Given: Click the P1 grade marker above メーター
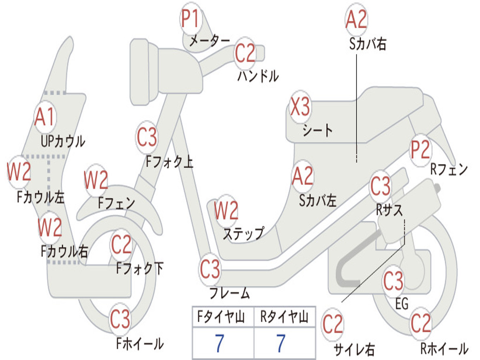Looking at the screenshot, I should pos(191,20).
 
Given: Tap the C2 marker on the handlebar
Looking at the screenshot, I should pos(245,53).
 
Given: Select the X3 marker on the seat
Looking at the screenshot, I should pos(300,107).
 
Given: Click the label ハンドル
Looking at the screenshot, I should pos(258,75).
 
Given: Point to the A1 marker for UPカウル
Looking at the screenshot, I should pos(45,117).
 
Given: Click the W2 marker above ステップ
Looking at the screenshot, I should pos(226,211).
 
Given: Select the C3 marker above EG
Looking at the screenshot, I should pos(393,281).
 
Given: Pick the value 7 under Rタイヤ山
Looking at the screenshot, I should pos(280,344).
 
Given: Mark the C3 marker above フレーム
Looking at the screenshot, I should pos(210,269).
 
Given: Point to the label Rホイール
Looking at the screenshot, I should pos(444,348).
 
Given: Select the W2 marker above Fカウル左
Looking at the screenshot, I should pos(19,172).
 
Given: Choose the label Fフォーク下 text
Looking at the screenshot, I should pos(140,268).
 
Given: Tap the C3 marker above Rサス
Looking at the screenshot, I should pos(380,186).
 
